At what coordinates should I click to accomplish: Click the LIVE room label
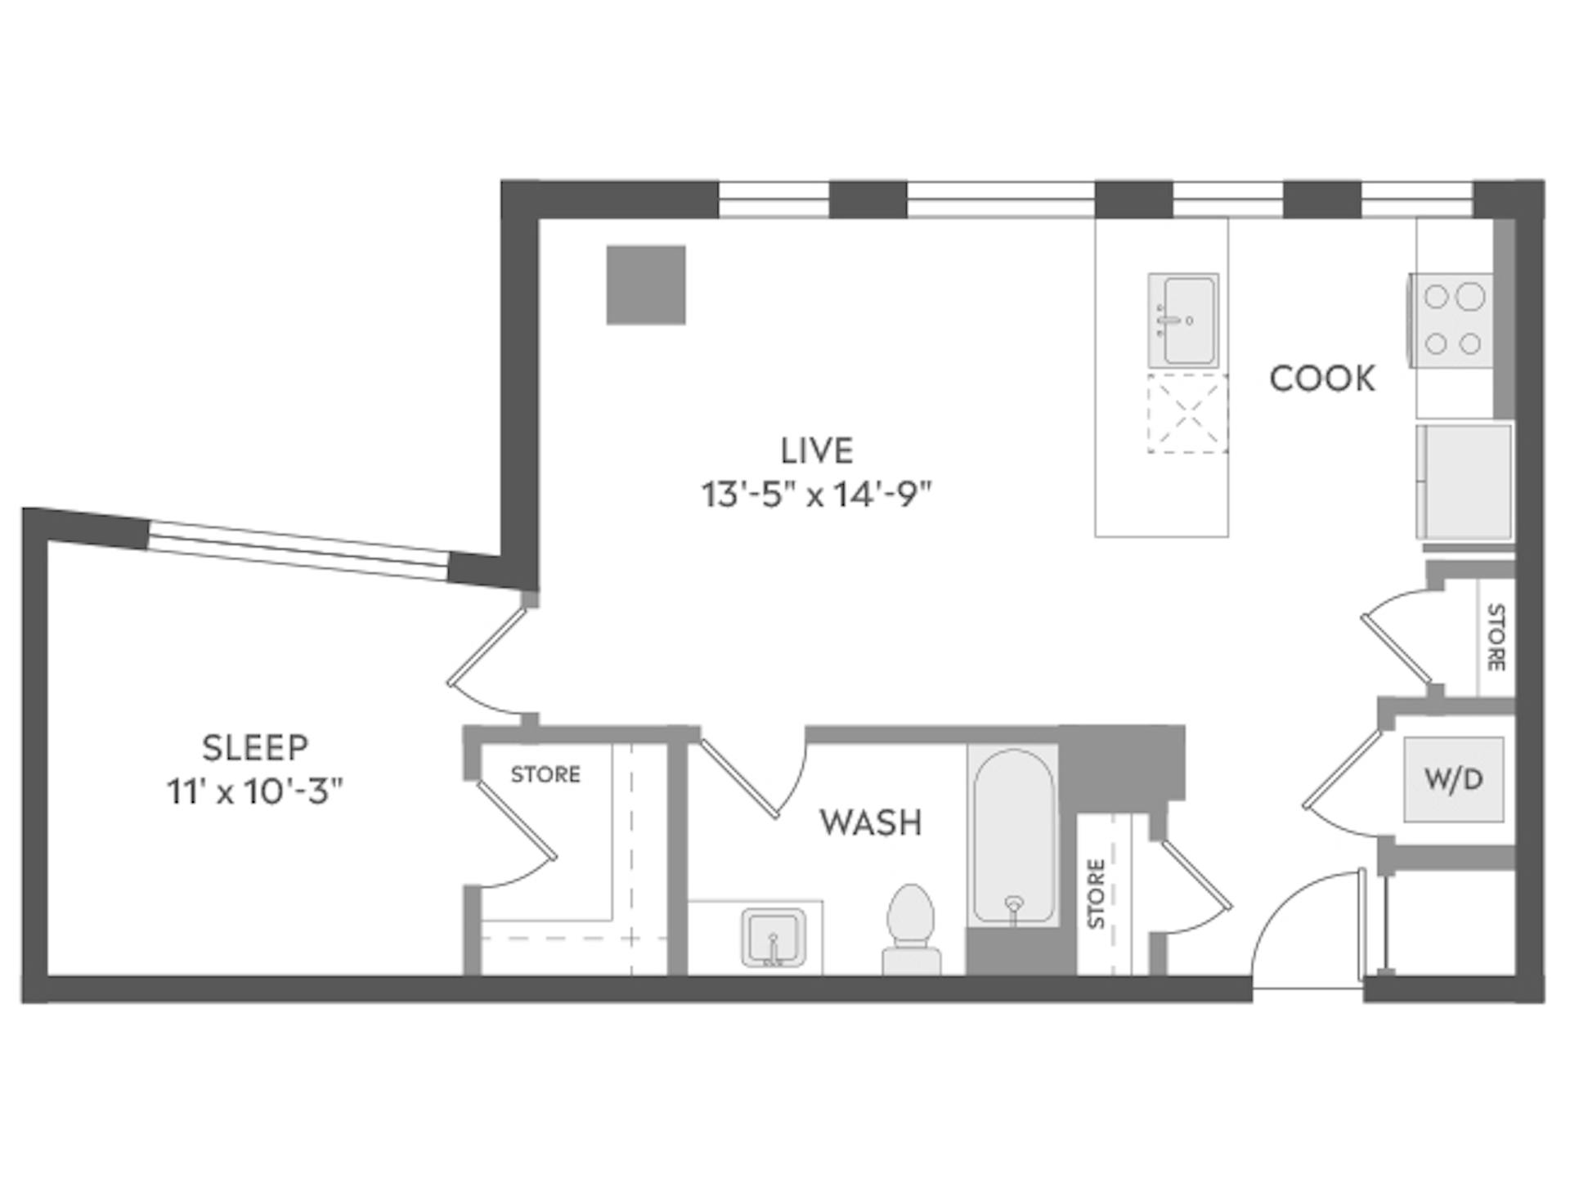(816, 451)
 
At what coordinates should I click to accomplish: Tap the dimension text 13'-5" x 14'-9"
(816, 495)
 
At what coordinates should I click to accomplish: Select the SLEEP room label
(255, 748)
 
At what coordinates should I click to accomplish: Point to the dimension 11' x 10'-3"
(255, 791)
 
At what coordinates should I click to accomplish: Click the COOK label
(1321, 379)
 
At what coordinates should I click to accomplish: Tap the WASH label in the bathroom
(871, 822)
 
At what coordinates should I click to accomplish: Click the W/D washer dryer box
(1453, 780)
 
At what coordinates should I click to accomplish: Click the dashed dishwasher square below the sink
(1186, 414)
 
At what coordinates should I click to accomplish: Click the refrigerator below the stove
(1465, 482)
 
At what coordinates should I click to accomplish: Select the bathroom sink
(774, 939)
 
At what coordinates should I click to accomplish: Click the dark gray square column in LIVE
(645, 285)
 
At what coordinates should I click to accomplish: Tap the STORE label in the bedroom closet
(545, 774)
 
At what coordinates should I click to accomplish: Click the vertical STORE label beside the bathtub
(1097, 893)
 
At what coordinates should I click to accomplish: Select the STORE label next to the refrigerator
(1495, 638)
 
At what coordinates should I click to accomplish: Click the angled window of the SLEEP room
(298, 550)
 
